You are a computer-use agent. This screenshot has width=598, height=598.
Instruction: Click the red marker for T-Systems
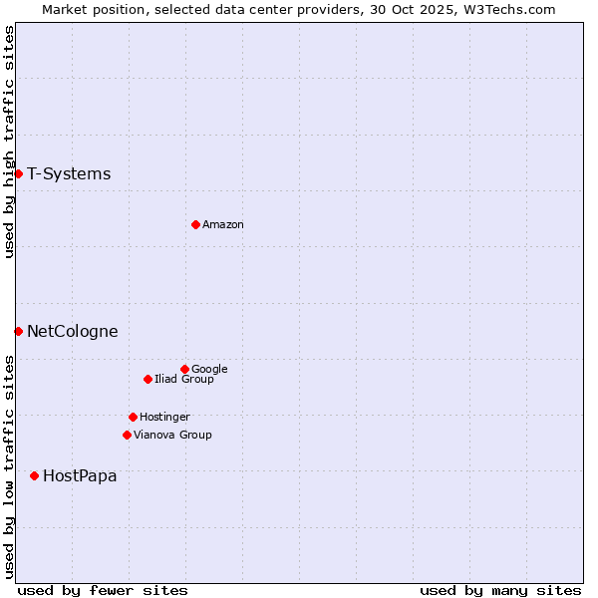(x=18, y=173)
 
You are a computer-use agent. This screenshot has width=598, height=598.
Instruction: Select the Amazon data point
(x=195, y=224)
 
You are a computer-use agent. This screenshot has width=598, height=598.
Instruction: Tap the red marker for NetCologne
(x=18, y=331)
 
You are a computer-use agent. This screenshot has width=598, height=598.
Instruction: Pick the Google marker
(x=184, y=369)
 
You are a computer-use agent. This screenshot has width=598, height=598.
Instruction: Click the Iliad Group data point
(x=148, y=379)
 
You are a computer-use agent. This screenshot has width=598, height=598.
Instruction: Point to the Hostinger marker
(x=133, y=417)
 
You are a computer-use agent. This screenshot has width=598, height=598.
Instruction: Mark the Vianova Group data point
(x=127, y=435)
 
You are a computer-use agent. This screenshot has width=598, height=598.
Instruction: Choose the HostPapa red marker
(x=34, y=475)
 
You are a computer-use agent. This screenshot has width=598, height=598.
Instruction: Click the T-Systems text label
(x=69, y=174)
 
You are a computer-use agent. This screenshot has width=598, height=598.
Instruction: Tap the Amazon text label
(x=223, y=225)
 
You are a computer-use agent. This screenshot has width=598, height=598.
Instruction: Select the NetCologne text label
(x=73, y=332)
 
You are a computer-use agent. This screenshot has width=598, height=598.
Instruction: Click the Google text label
(x=209, y=370)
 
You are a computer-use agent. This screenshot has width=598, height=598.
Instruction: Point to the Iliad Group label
(x=184, y=380)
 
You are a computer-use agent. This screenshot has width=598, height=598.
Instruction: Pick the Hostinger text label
(x=164, y=418)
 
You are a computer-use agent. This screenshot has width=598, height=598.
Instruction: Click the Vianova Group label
(x=172, y=436)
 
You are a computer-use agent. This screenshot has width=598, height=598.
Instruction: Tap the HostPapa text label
(x=80, y=476)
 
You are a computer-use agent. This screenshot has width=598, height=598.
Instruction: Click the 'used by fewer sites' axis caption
(x=103, y=590)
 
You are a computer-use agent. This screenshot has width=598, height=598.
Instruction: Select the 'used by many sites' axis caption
(x=500, y=590)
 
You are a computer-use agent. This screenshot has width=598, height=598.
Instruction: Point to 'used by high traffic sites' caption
(x=9, y=142)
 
